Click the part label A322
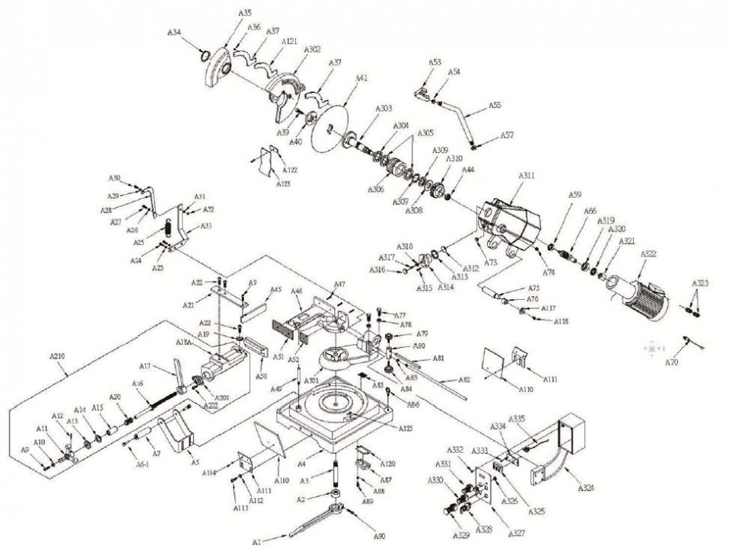pyautogui.click(x=648, y=253)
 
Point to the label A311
pyautogui.click(x=527, y=176)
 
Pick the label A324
pyautogui.click(x=586, y=486)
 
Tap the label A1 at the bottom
pyautogui.click(x=256, y=541)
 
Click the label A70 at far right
pyautogui.click(x=670, y=363)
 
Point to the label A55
pyautogui.click(x=495, y=105)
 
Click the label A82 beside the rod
pyautogui.click(x=465, y=379)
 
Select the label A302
pyautogui.click(x=312, y=49)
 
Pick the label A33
pyautogui.click(x=206, y=226)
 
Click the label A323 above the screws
pyautogui.click(x=700, y=282)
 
